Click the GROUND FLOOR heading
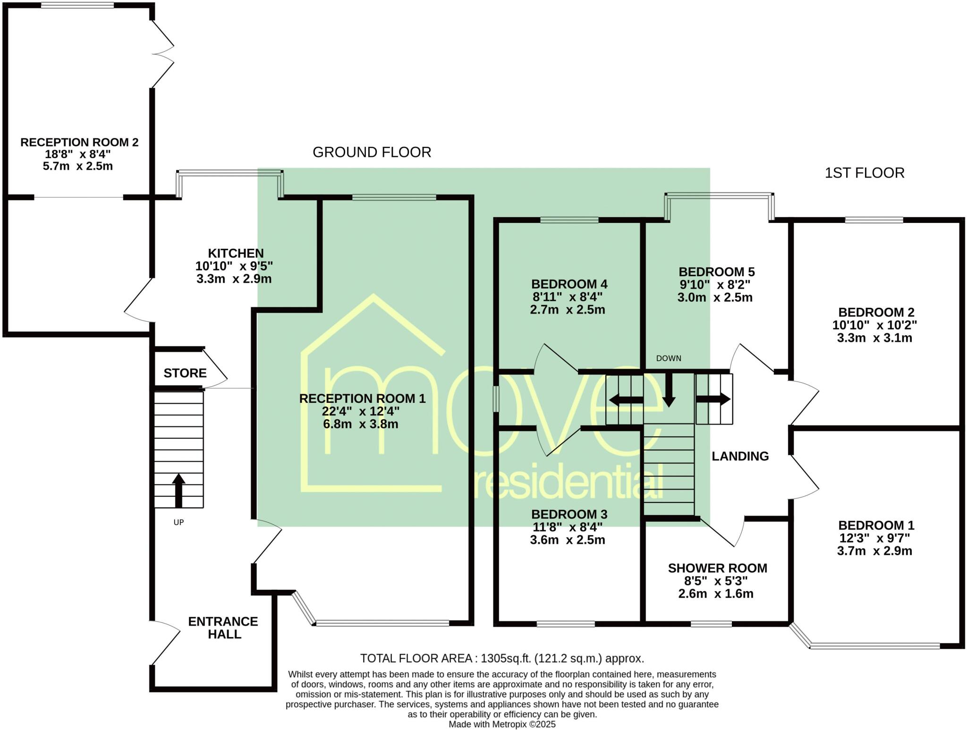click(x=372, y=153)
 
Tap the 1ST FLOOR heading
click(x=864, y=173)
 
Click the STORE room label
click(x=185, y=373)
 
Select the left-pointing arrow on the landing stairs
click(x=625, y=400)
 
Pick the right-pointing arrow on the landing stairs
click(x=713, y=399)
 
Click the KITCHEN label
click(x=236, y=254)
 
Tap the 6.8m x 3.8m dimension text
click(x=361, y=424)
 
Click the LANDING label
click(x=740, y=456)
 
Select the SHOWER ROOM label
click(x=717, y=569)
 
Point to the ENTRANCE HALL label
click(x=223, y=628)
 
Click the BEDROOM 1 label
click(x=876, y=525)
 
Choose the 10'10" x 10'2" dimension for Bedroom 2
click(x=874, y=325)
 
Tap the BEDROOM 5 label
click(x=716, y=272)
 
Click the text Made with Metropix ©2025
click(x=502, y=724)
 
